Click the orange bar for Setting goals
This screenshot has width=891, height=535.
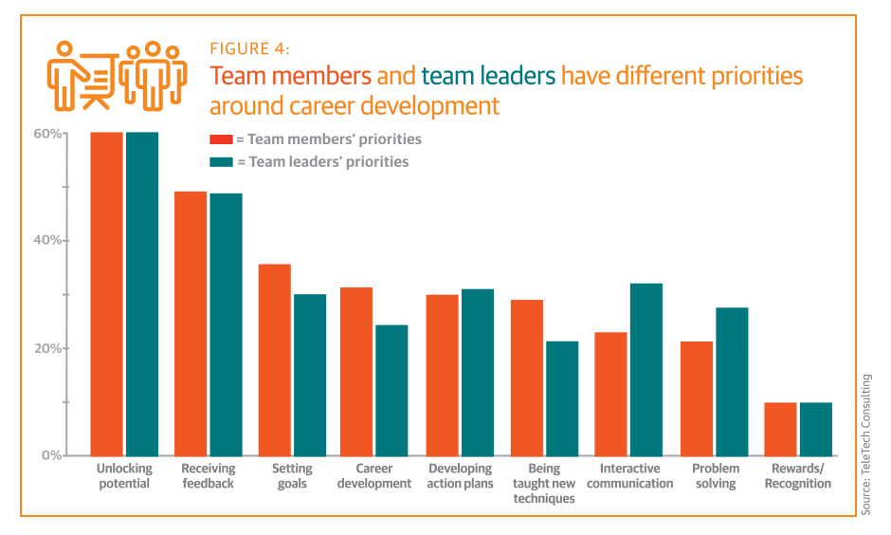275,360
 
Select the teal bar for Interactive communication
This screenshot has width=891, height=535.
646,369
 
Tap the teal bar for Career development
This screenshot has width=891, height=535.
392,390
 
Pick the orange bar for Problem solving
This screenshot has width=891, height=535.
697,398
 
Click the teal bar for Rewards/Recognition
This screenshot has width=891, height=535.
815,429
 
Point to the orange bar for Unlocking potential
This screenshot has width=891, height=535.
107,294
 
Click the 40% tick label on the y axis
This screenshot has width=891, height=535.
47,241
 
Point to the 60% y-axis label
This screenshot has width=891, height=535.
47,134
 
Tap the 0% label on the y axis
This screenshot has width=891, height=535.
51,455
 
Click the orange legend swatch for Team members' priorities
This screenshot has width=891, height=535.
221,139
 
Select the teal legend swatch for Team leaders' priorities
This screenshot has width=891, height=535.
221,162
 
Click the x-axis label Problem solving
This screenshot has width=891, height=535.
716,476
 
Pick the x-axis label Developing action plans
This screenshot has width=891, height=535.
460,476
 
